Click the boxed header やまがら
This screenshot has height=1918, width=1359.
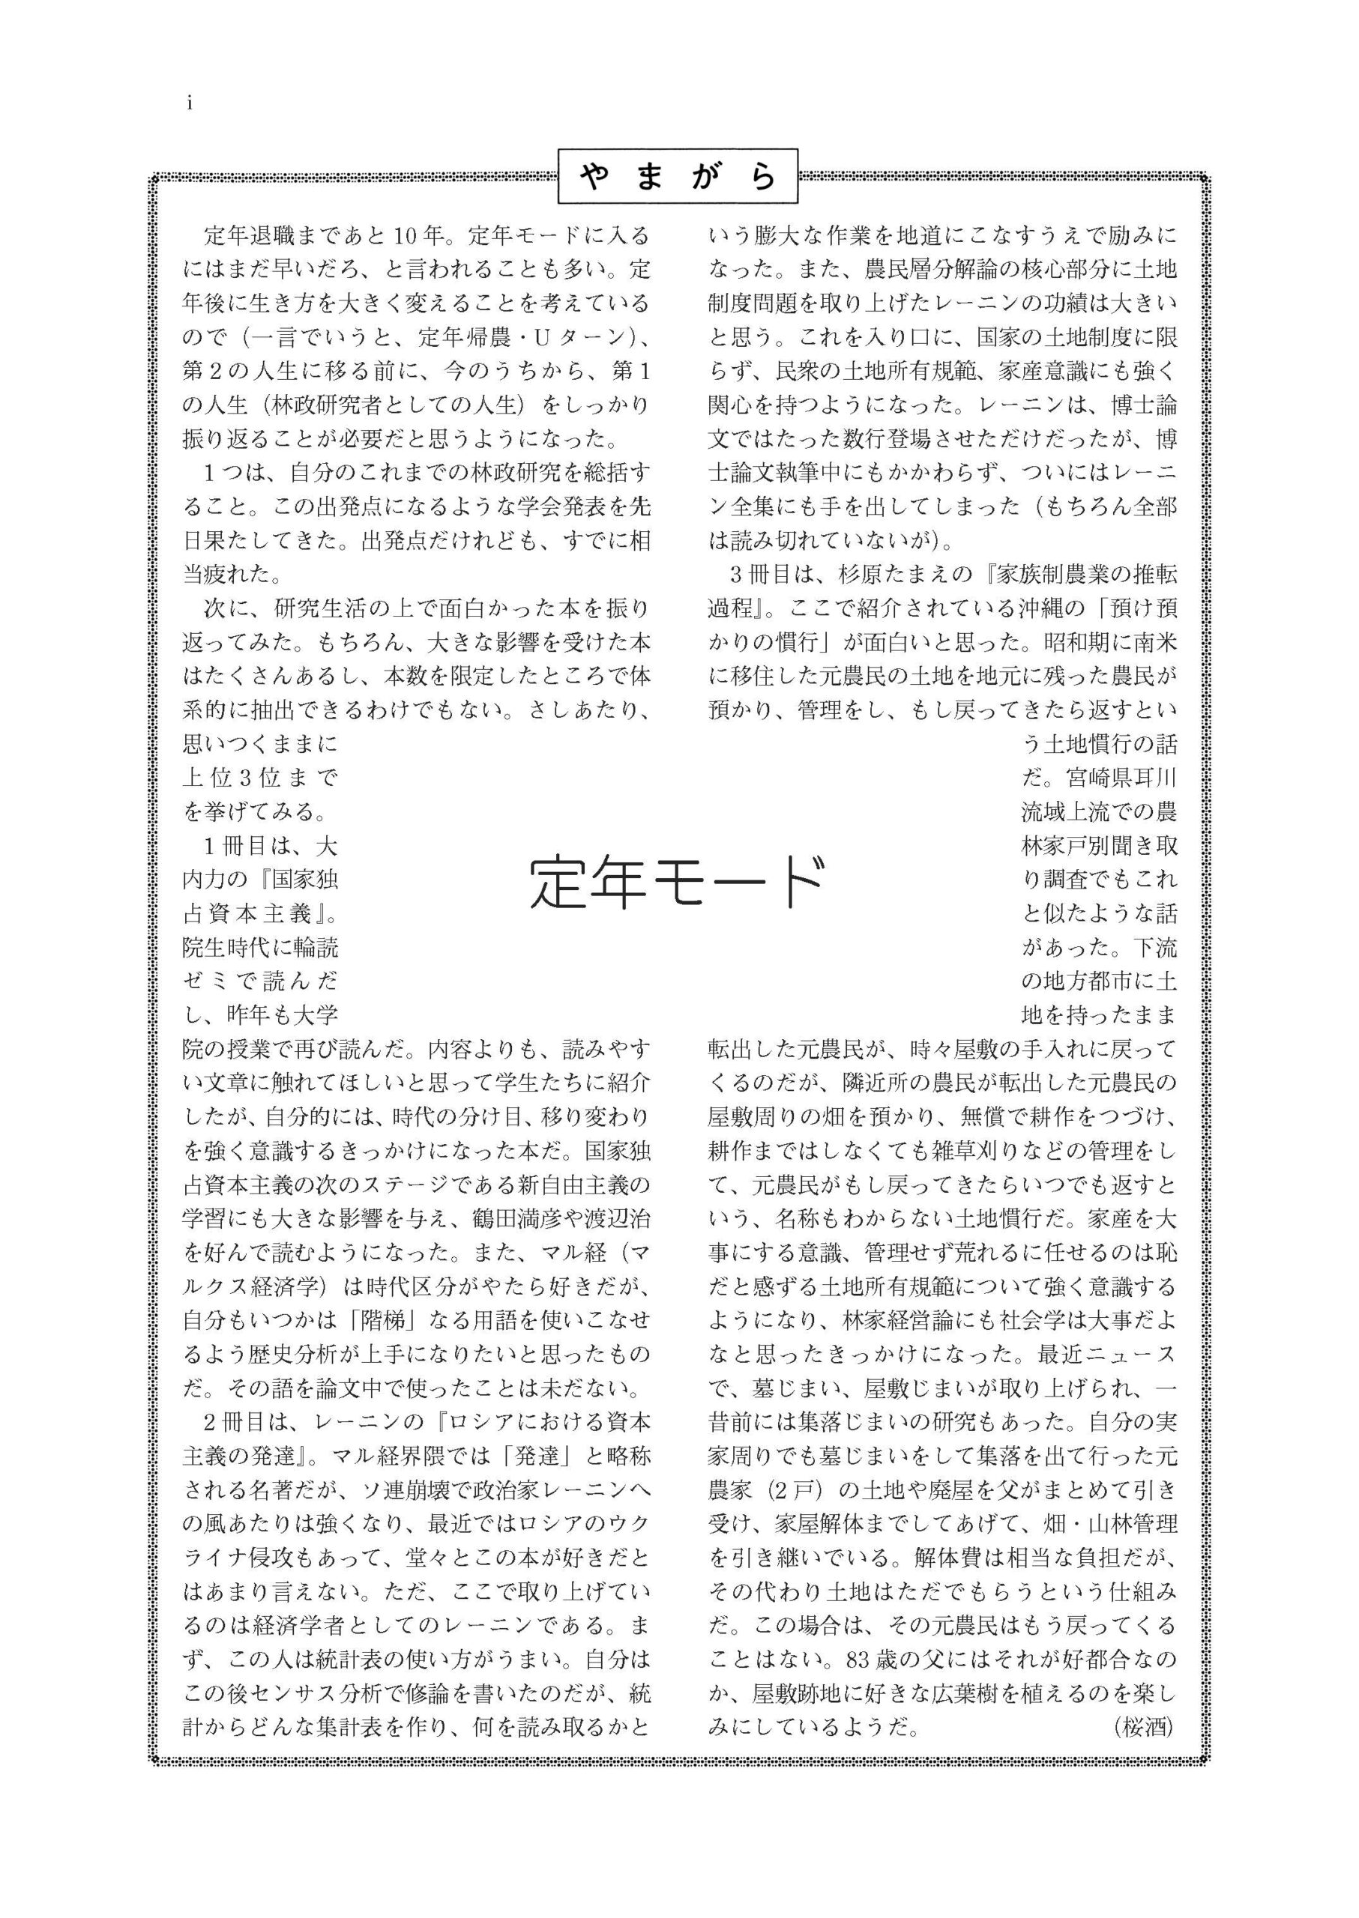(678, 177)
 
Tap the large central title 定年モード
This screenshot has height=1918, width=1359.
(678, 883)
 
